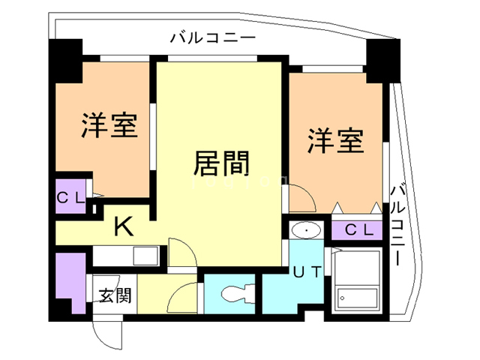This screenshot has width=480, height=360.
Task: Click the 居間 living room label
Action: point(221,162)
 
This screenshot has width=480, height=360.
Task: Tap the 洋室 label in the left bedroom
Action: point(109,125)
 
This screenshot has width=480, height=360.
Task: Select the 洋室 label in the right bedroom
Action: point(336,140)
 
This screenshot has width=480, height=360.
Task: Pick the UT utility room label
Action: point(307,273)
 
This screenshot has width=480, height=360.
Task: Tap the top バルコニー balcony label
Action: point(213,37)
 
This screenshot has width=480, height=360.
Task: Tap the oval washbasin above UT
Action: point(305,229)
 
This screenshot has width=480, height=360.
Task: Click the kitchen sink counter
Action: point(123,255)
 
